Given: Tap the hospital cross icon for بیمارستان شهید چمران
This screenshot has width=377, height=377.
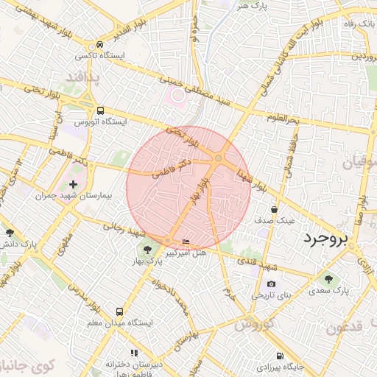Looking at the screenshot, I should tap(73, 184).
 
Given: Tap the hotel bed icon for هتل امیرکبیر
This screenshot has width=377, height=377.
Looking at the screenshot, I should tap(186, 241).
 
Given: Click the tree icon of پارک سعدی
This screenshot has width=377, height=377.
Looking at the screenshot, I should tap(328, 279).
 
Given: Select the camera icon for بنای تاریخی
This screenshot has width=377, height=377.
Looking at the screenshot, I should tap(271, 283).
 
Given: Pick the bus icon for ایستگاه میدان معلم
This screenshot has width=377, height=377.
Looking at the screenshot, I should tap(120, 311).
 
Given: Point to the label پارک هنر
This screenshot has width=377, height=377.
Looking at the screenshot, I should tap(251, 5).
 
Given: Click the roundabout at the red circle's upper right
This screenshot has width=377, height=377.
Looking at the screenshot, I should tap(219, 158).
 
